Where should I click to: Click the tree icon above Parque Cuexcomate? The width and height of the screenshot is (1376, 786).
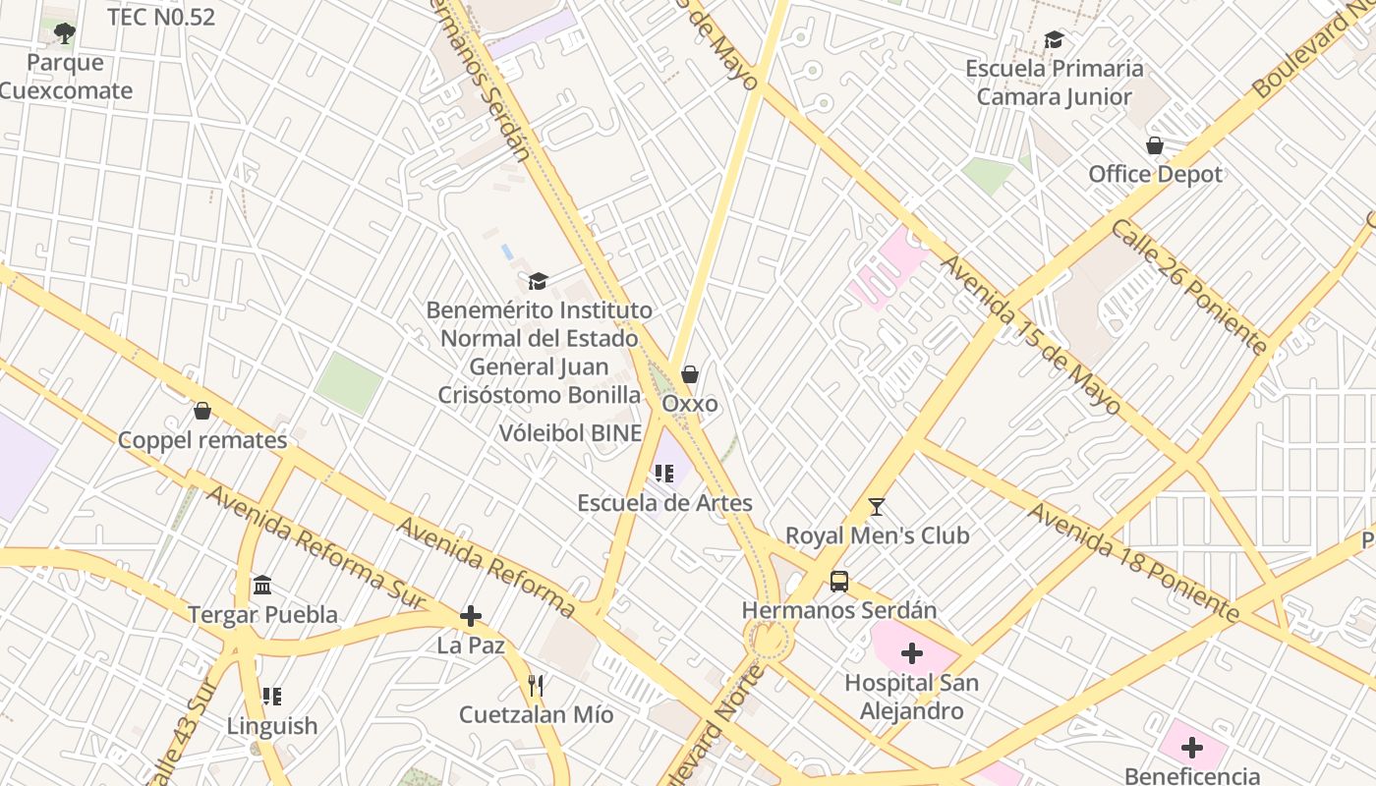tap(65, 34)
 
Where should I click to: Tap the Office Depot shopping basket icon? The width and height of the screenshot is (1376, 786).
tap(1155, 145)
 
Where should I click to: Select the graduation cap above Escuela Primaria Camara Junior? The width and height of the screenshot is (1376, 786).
tap(1054, 40)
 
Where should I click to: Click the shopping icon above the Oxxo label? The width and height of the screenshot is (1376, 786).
tap(690, 374)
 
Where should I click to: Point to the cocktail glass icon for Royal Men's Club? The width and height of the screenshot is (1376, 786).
tap(877, 507)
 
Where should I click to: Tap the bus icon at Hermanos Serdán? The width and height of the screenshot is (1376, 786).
tap(839, 582)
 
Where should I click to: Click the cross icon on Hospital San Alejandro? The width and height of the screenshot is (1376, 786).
tap(912, 652)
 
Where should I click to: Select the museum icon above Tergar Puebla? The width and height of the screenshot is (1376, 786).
tap(262, 587)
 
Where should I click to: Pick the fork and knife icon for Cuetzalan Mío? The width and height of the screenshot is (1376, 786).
tap(536, 686)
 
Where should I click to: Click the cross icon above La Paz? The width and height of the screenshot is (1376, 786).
tap(471, 616)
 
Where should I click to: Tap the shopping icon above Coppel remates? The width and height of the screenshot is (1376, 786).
tap(202, 411)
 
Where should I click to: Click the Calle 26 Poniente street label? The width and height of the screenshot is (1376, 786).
tap(1189, 286)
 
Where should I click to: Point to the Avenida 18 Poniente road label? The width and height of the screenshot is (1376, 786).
tap(1133, 563)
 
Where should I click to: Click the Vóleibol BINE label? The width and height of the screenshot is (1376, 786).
tap(570, 433)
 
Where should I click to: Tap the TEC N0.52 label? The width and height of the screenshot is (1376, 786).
tap(161, 17)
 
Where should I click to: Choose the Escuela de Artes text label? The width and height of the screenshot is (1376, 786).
tap(664, 503)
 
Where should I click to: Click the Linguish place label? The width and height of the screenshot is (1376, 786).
tap(272, 726)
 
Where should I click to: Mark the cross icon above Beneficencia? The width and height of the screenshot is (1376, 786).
tap(1192, 749)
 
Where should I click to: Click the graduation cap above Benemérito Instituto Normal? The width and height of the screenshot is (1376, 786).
tap(537, 282)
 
